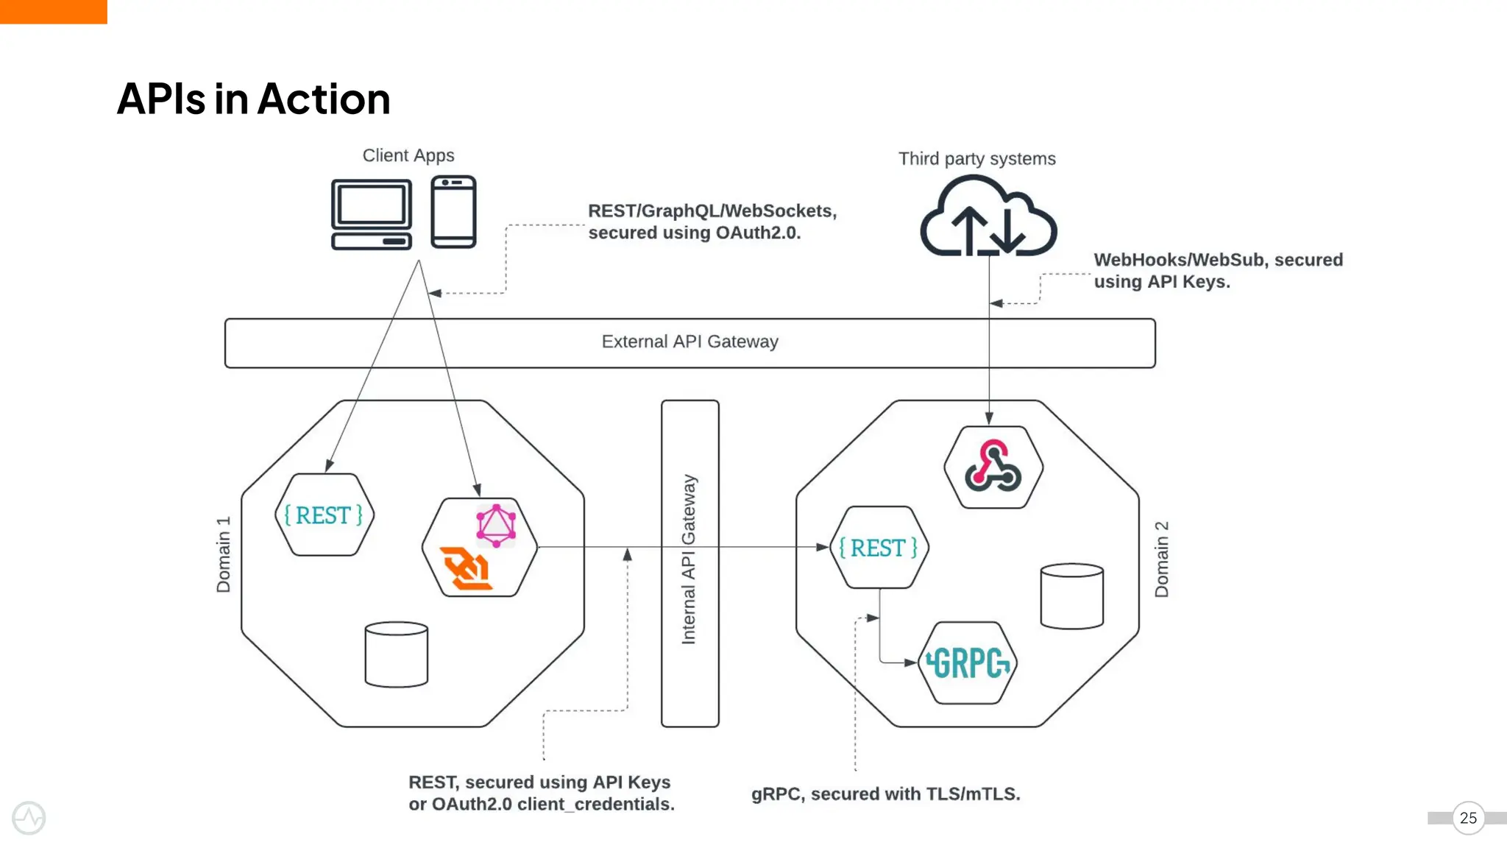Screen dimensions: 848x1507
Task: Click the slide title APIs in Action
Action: click(253, 99)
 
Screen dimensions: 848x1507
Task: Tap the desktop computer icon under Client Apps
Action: click(371, 214)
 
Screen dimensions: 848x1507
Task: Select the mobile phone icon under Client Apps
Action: click(453, 212)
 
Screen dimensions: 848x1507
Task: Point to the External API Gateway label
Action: click(689, 342)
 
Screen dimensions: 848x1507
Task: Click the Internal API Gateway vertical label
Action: click(689, 559)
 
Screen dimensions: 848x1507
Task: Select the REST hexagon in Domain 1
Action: click(324, 515)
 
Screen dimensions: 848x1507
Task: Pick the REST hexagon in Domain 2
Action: click(879, 548)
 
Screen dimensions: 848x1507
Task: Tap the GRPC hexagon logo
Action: click(968, 663)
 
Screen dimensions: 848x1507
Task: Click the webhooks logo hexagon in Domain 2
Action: click(993, 467)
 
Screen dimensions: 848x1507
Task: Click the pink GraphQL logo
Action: click(496, 525)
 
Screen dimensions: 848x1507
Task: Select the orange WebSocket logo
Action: click(465, 569)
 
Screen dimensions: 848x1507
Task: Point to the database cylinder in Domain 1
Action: click(396, 654)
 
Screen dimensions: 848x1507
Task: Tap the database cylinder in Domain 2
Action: click(1071, 596)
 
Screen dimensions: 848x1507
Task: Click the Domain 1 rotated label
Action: click(224, 554)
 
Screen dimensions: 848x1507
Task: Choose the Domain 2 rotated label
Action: click(1161, 559)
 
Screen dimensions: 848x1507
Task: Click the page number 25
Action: click(1468, 818)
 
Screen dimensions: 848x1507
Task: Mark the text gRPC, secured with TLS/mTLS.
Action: click(885, 794)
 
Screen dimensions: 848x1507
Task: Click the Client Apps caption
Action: click(408, 155)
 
